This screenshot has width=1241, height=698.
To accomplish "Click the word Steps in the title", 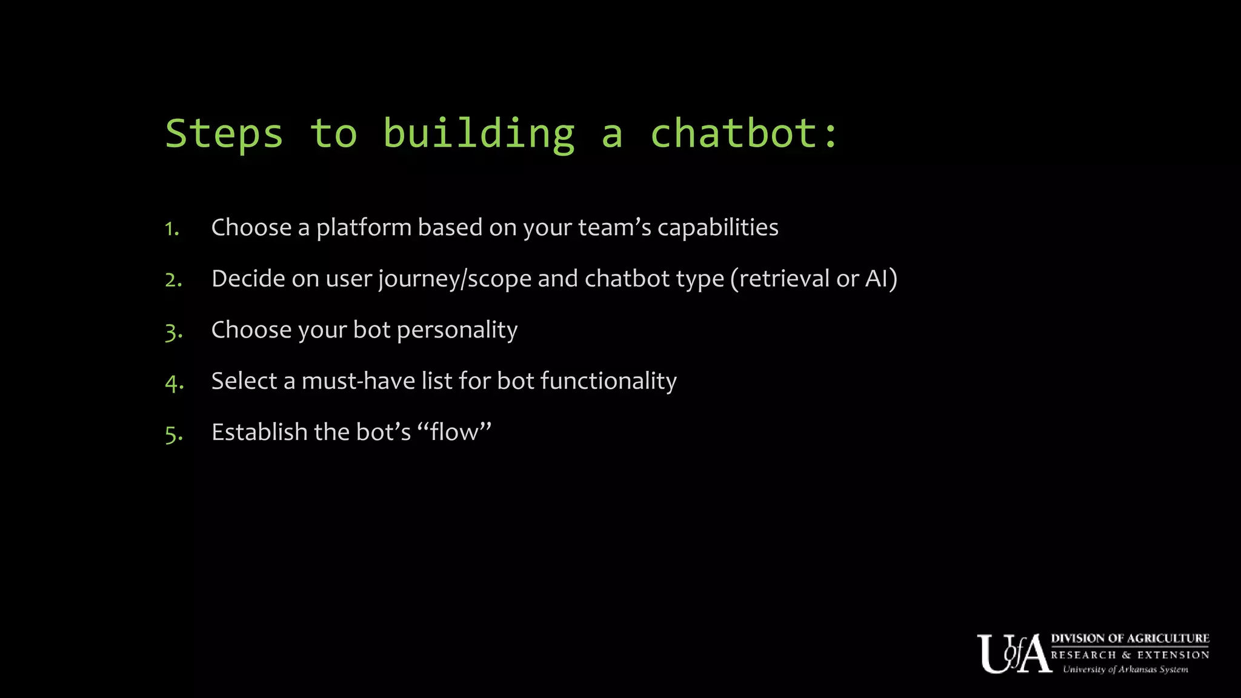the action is point(224,134).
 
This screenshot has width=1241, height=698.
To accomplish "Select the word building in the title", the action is point(479,134).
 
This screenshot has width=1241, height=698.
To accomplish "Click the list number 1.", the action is point(172,229).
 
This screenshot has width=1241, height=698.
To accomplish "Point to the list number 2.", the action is point(173,280).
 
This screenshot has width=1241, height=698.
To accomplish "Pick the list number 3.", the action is point(173,331).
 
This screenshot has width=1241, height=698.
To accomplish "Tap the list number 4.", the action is point(174,383).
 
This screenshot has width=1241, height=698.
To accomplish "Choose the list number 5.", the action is point(173,434).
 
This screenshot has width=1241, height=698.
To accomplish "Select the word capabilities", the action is point(717,228).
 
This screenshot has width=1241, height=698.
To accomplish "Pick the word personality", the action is point(457,331).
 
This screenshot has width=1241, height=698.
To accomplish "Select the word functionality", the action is point(608,381).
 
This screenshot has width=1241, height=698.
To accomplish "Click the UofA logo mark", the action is point(1013,654).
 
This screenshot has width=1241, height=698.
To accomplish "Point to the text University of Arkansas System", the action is point(1125,670).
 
